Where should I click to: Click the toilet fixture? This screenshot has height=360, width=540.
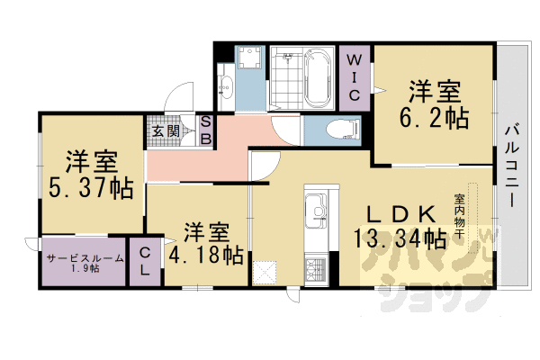343,130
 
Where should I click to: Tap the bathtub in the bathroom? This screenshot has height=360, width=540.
318,78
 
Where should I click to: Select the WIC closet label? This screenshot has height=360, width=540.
354,77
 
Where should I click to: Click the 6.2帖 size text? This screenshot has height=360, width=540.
435,118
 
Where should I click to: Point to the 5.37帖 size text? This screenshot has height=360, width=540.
91,188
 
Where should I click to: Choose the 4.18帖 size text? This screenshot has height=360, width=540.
206,256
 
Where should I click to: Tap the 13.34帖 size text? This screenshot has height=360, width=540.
400,238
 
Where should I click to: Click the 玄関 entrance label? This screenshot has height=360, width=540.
166,130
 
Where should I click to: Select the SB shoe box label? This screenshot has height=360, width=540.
206,130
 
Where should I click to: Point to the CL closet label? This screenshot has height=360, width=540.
145,262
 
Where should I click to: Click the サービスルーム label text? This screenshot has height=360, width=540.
85,258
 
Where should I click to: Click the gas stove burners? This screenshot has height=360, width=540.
316,270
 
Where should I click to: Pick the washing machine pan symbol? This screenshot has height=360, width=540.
249,57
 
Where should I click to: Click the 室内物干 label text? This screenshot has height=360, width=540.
459,216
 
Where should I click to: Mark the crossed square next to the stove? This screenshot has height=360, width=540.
264,273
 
